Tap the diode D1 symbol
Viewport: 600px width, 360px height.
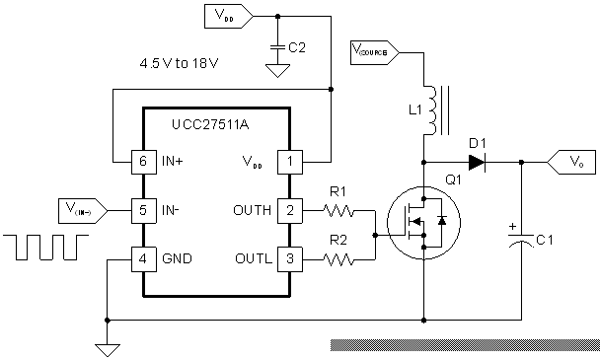(x=478, y=161)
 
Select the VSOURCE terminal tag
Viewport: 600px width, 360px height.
(x=374, y=48)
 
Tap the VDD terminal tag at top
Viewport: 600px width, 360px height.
(x=226, y=16)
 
